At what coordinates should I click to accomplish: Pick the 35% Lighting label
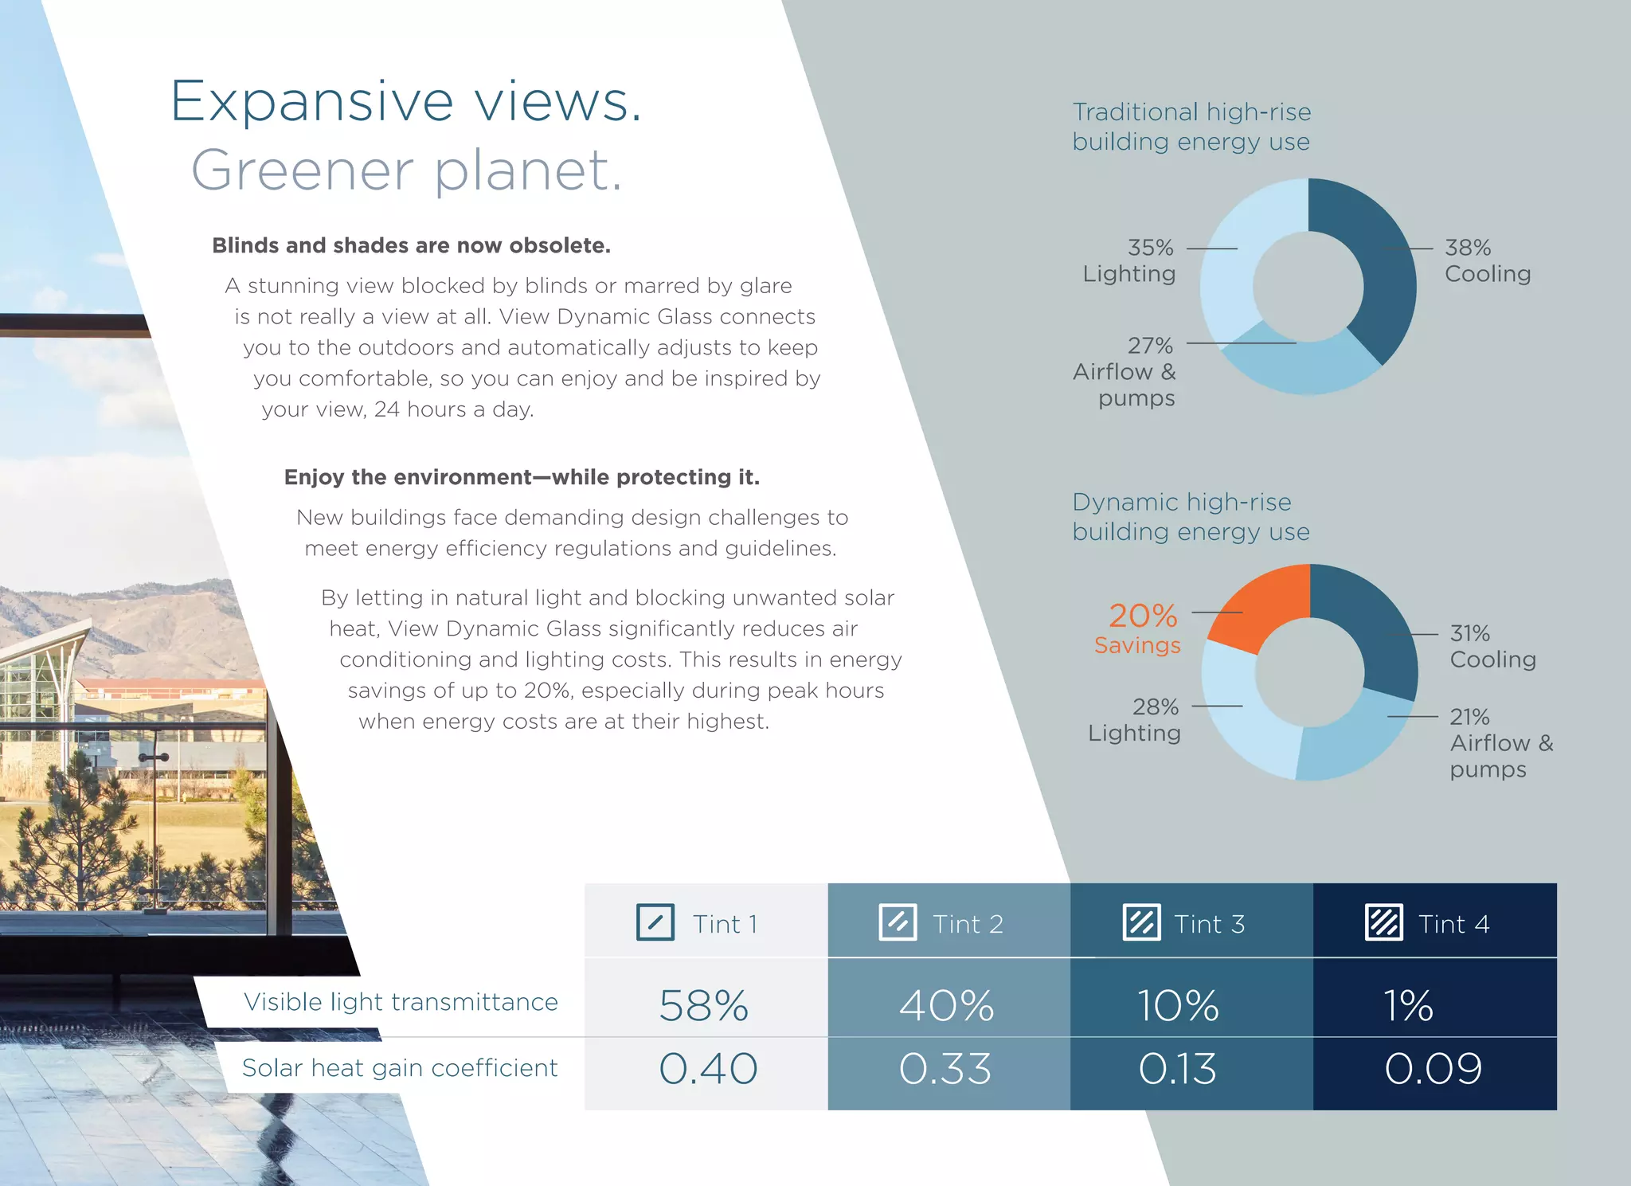[1129, 260]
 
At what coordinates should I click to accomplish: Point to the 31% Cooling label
[1492, 646]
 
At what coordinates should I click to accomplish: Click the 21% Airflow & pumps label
[1500, 742]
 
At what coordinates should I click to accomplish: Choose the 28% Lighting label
[1134, 719]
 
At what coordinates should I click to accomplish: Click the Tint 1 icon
[655, 922]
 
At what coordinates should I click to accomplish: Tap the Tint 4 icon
[1384, 922]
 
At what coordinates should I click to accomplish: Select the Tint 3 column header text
[1209, 924]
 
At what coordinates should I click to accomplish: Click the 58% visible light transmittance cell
[703, 1005]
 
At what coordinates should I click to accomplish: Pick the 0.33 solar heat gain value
[945, 1069]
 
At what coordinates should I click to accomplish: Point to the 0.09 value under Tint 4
[1433, 1069]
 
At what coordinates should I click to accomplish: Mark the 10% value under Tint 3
[1177, 1005]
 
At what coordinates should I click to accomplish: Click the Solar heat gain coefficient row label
[400, 1067]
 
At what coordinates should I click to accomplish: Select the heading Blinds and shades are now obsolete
[411, 245]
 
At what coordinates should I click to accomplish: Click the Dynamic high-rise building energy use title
[1191, 516]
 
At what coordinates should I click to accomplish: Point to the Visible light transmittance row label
[401, 1001]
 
